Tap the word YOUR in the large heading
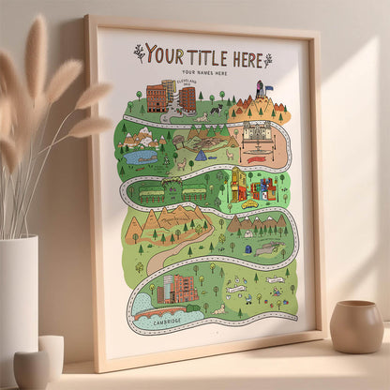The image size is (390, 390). click(x=165, y=54)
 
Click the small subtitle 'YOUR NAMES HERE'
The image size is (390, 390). click(x=204, y=73)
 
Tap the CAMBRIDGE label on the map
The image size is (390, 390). click(x=165, y=324)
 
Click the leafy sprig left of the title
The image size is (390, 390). click(x=139, y=52)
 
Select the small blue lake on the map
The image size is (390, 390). click(x=141, y=157)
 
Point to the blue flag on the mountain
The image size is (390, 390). click(x=268, y=89)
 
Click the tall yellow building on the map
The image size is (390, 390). click(x=239, y=183)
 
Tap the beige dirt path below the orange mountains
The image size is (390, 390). click(x=169, y=251)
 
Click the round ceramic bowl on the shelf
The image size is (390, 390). click(x=356, y=326)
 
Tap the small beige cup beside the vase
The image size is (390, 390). click(x=32, y=368)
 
